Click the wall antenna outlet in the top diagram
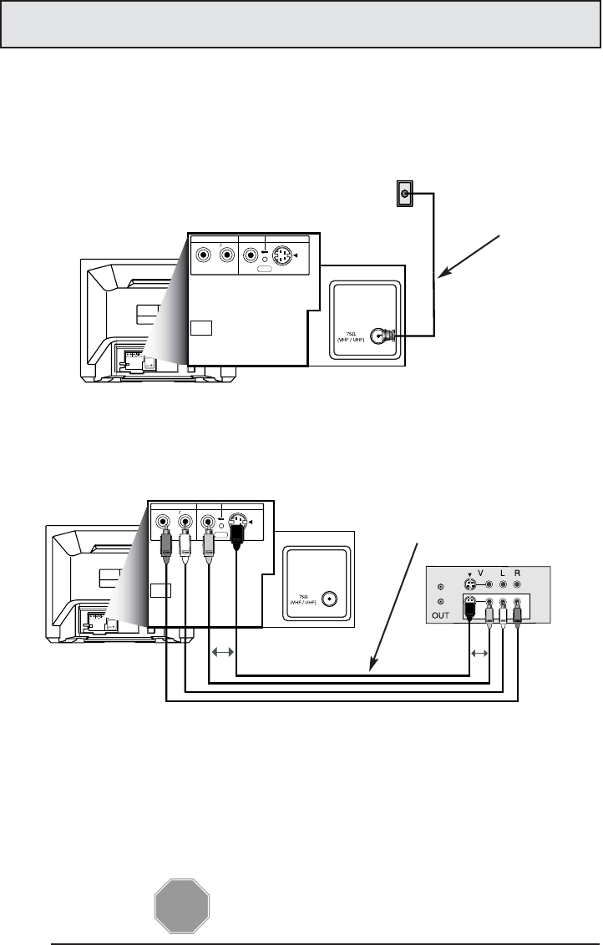click(405, 195)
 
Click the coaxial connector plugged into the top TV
click(383, 336)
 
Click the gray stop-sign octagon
click(181, 905)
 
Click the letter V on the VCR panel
click(481, 574)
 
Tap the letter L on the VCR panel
click(503, 574)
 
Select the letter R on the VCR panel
click(518, 574)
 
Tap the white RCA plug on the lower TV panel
click(185, 547)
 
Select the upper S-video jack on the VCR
click(473, 585)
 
